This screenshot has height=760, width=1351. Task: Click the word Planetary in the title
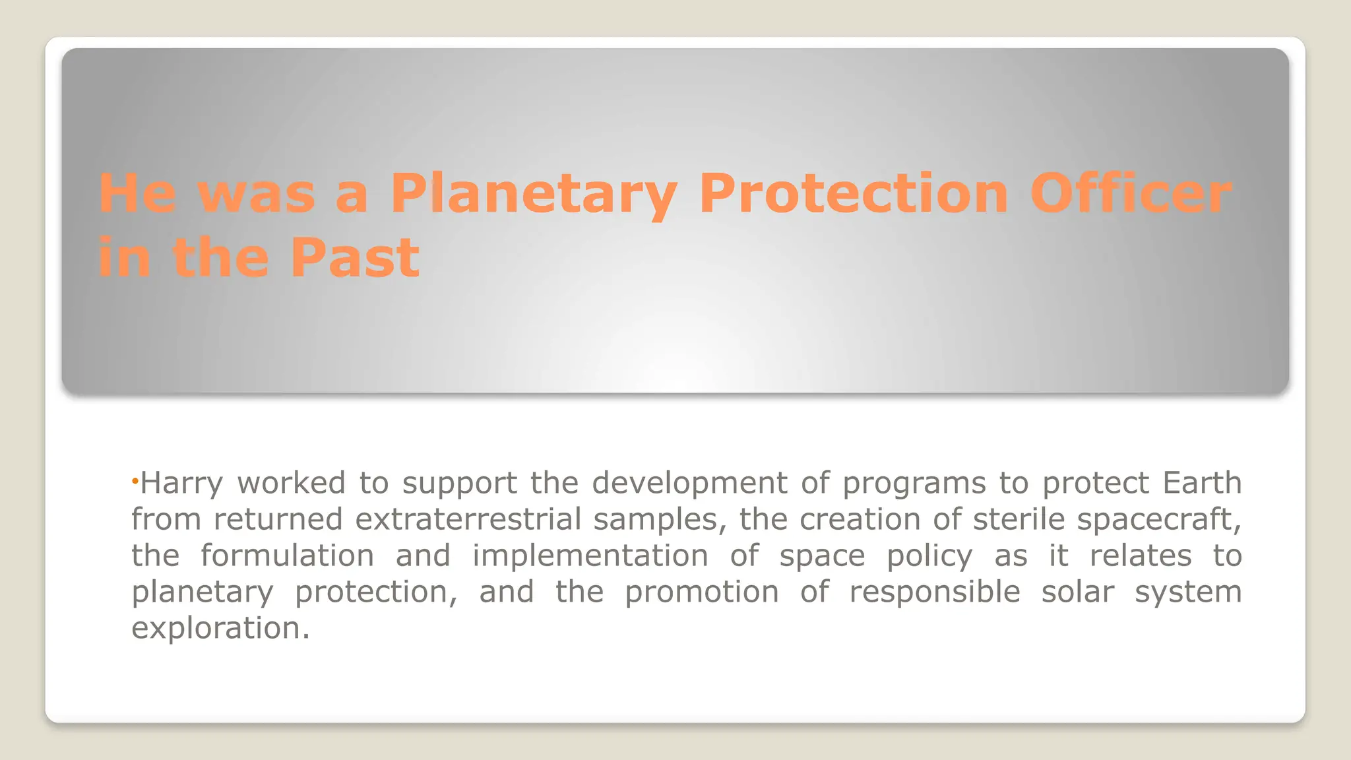coord(533,194)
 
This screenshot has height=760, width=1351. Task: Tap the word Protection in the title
coord(854,194)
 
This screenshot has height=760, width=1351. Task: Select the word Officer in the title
coord(1130,194)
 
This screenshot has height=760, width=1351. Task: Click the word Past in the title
coord(354,258)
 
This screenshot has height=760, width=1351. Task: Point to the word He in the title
coord(137,194)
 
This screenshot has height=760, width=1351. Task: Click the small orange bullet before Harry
coord(134,482)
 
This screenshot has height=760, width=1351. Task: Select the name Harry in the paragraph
coord(182,484)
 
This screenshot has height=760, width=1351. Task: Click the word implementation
coord(590,555)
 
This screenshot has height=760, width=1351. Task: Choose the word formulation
coord(287,555)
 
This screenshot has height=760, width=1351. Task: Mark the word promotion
coord(702,592)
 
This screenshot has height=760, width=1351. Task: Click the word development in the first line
coord(689,484)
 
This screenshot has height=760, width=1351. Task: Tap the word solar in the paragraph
coord(1077,592)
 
